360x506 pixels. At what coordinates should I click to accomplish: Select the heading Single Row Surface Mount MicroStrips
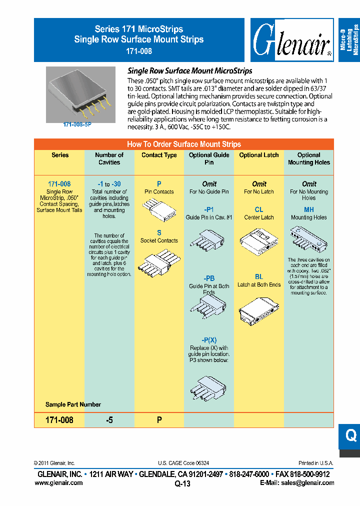(x=190, y=71)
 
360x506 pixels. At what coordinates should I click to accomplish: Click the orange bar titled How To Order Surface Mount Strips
(x=183, y=144)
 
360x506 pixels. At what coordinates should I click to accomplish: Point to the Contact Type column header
(x=159, y=155)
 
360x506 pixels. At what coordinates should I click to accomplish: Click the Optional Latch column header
(x=259, y=155)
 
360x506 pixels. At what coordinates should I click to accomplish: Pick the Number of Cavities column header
(x=109, y=158)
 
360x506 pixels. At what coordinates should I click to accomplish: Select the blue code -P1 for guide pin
(x=209, y=210)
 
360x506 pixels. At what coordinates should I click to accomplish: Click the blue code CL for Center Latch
(x=259, y=210)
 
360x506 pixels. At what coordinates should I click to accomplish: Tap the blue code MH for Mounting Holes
(x=309, y=210)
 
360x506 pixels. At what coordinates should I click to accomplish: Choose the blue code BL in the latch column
(x=259, y=276)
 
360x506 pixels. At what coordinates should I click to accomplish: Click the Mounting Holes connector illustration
(x=309, y=238)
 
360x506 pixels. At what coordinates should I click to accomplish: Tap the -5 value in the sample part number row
(x=109, y=420)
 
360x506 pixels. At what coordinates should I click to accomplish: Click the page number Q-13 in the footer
(x=182, y=483)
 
